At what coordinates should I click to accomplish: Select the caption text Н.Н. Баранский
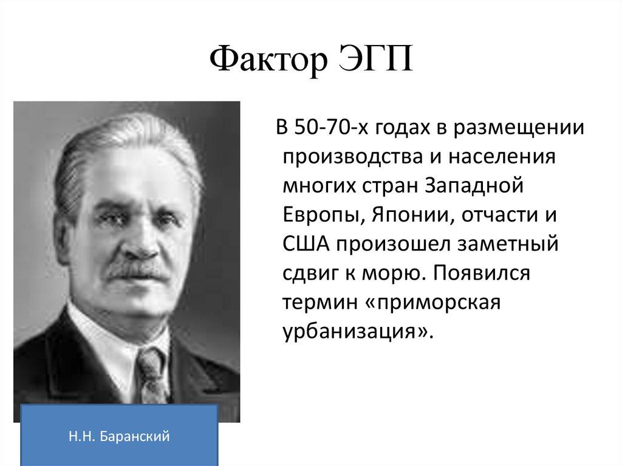coord(119,435)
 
